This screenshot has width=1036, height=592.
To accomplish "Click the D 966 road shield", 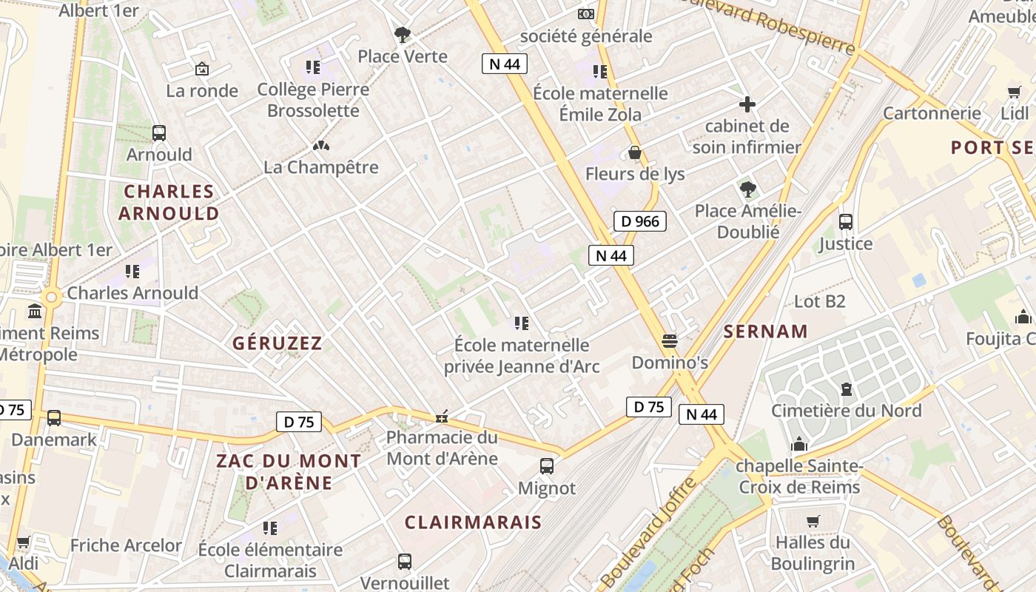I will pos(640,221).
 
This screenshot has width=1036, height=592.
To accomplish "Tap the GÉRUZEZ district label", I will pos(277,343).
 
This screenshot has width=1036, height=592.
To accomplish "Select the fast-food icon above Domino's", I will pos(670,340).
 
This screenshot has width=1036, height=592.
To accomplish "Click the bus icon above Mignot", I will pos(547,466).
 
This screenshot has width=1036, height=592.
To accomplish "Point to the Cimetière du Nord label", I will pos(846,411).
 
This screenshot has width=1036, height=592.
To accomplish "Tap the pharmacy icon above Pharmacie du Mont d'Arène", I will pos(442,417).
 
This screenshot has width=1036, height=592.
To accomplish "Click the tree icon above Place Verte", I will pos(403,34).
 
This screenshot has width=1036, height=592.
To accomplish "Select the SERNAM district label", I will pos(766,332).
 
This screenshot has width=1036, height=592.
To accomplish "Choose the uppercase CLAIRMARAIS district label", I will pos(473,522).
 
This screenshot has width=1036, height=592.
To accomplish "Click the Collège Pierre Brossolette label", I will pos(313,100).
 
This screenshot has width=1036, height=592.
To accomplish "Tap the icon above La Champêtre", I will pos(320,147).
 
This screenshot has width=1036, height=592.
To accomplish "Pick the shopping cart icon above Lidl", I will pos(1014,92).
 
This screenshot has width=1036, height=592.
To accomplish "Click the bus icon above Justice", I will pos(846,221).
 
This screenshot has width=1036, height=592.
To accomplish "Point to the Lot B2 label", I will pos(819,301).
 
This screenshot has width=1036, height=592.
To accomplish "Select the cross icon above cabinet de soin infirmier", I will pos(747,104).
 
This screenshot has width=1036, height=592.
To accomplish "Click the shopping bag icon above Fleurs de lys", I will pos(634,152).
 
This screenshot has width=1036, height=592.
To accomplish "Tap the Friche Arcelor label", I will pos(126,545).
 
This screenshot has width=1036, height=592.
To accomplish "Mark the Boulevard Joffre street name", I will pos(648,532).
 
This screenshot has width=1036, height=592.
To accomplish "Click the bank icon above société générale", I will pos(585,14).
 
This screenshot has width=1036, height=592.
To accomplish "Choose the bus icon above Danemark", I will pos(54,418).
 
